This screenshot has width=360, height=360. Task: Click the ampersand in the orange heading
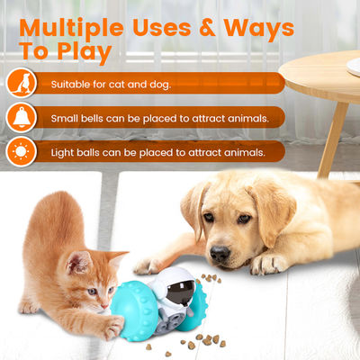pos(207,28)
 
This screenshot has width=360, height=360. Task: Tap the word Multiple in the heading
pos(71,29)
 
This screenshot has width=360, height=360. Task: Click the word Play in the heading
pos(85,52)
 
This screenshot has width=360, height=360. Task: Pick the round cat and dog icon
pos(22,83)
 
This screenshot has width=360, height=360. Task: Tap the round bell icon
pos(22,117)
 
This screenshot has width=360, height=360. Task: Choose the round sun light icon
pos(22,152)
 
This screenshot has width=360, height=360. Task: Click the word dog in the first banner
pos(160,85)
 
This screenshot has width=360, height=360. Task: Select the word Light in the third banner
pos(62,153)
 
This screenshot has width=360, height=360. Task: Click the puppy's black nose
pos(220,253)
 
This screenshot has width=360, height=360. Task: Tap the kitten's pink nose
pos(104,306)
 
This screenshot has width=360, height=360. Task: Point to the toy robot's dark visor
pos(181,292)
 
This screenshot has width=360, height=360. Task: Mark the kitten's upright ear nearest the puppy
pos(115,258)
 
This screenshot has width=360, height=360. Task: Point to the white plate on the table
pos(354,66)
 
